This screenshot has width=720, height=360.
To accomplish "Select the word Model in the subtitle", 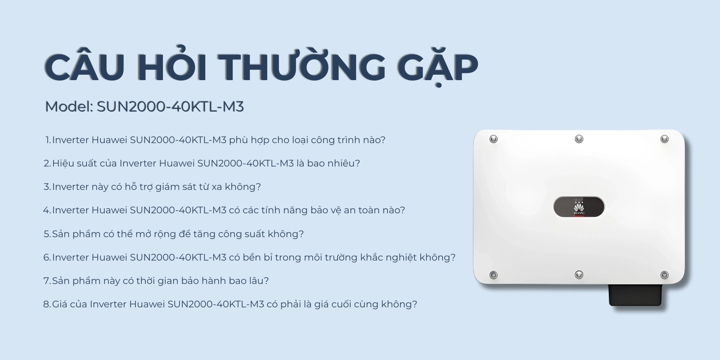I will click(68, 107).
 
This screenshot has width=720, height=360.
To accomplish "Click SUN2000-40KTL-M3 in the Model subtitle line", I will click(170, 107).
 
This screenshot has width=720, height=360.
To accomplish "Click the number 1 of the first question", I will click(48, 140).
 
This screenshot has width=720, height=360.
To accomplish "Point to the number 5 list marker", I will click(47, 234).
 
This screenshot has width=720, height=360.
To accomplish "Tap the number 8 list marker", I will click(47, 304).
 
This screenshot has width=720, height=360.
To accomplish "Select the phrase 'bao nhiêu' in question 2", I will click(333, 163).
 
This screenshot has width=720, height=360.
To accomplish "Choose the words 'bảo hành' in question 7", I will click(204, 281).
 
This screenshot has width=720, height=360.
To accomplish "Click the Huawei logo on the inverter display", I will click(578, 208).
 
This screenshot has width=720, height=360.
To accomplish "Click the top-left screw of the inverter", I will click(494, 139).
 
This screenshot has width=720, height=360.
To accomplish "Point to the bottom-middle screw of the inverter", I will click(579, 274).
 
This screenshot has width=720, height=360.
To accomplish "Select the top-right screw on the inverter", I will click(664, 139).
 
